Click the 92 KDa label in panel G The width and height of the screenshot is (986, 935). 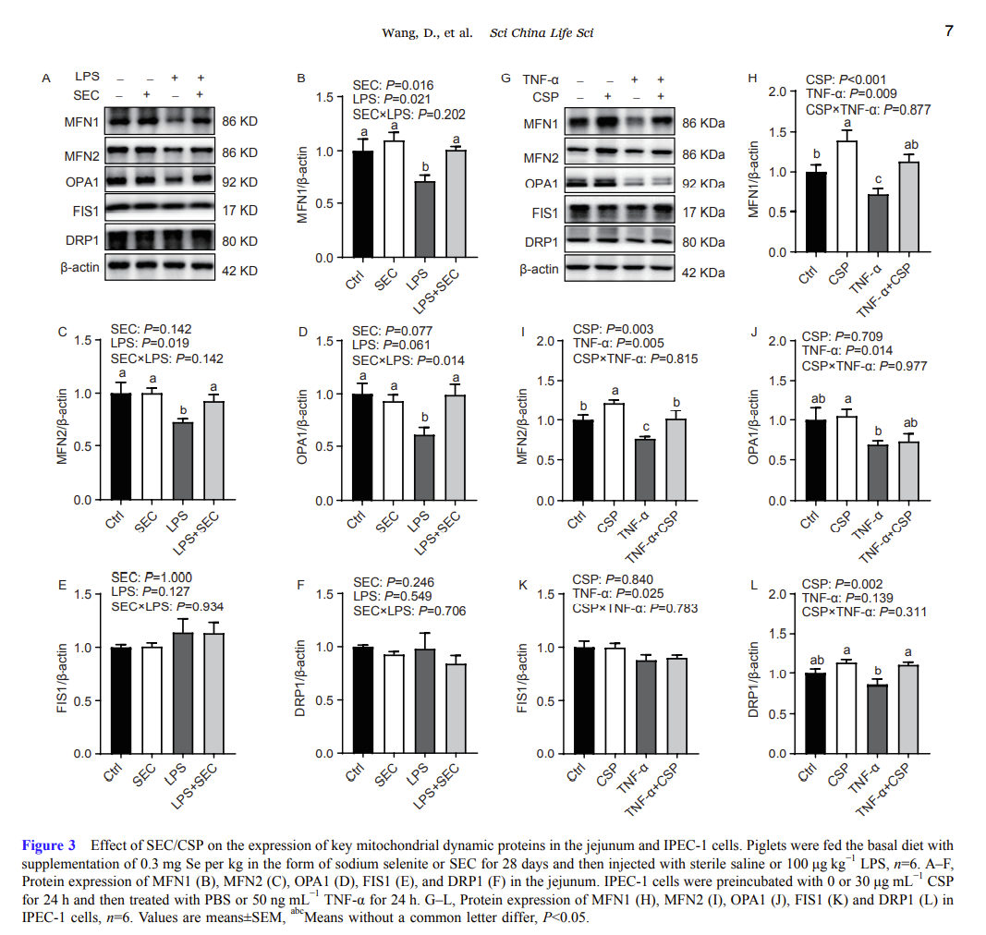click(703, 184)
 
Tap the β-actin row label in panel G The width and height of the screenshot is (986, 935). click(539, 270)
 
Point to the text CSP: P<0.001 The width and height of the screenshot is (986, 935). click(846, 79)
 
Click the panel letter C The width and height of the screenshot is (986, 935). click(61, 330)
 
